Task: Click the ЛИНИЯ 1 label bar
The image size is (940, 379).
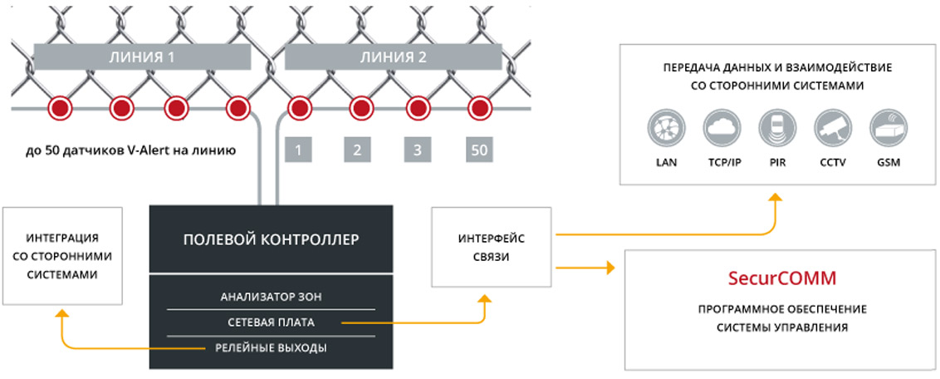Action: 142,57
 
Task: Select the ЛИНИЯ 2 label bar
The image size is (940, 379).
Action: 394,57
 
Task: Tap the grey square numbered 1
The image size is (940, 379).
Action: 297,150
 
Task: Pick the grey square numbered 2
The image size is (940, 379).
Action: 357,150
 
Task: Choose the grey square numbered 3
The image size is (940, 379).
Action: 417,150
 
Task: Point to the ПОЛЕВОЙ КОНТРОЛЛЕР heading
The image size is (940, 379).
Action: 271,239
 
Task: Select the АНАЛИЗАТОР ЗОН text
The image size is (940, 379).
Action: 271,296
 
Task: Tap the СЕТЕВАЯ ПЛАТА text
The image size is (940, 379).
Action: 271,322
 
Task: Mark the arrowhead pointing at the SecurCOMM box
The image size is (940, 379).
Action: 610,268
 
